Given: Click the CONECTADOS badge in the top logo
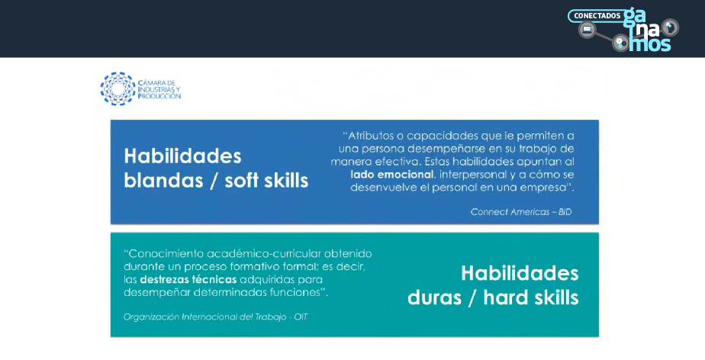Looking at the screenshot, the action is [x=597, y=16].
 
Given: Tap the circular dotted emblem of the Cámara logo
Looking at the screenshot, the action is [x=117, y=89].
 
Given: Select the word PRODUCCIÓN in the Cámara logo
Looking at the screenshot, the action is [x=159, y=96].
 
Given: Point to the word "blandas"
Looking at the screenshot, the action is [x=163, y=180].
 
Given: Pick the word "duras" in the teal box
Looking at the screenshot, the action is [x=435, y=297].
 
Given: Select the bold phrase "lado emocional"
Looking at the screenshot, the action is [x=391, y=175].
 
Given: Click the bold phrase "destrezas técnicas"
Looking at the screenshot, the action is [x=188, y=280].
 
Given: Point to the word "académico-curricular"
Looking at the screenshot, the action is [x=261, y=253].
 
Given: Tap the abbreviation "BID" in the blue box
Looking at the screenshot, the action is [x=565, y=212].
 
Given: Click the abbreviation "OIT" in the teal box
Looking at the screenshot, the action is [x=301, y=317].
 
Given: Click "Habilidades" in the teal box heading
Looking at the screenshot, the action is [x=520, y=273].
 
